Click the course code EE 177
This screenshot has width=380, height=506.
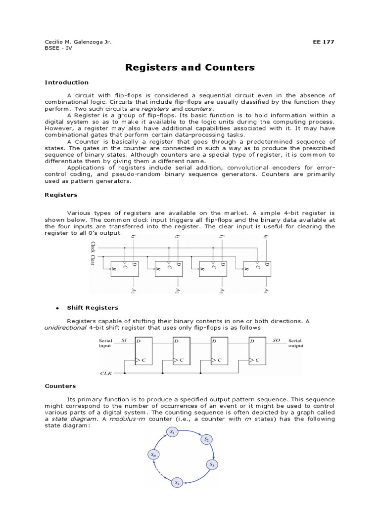(x=324, y=42)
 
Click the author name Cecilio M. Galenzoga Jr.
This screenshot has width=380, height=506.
(x=78, y=42)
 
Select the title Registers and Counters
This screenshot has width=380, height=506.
(x=190, y=67)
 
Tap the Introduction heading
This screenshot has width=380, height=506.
(x=67, y=83)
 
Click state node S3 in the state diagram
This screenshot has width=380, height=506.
(x=212, y=464)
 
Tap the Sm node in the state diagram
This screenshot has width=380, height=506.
(x=153, y=455)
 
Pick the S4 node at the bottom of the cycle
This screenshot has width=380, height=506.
(x=176, y=482)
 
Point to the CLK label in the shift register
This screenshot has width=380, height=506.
(x=106, y=373)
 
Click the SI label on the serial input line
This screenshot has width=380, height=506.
(x=124, y=340)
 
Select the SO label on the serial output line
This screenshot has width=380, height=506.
(x=276, y=340)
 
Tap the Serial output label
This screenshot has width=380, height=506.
(x=295, y=343)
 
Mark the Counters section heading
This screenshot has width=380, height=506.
(x=60, y=385)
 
